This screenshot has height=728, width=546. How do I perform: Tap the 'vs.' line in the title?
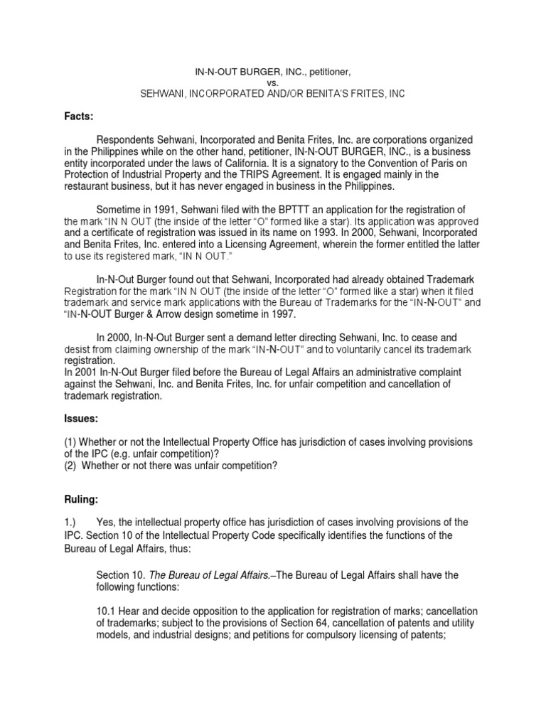pos(272,82)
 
